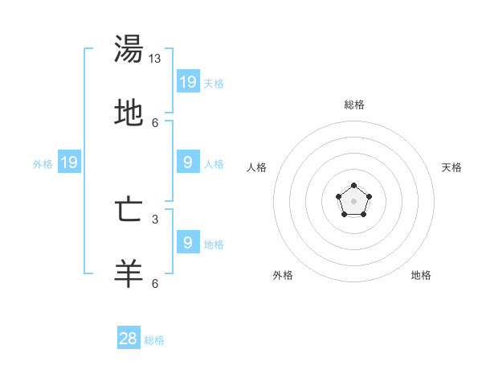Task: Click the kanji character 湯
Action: coord(129,49)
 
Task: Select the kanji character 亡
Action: coord(129,210)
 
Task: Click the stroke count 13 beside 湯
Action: coord(155,59)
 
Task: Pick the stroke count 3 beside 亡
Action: coord(155,219)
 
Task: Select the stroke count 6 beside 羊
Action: coord(155,283)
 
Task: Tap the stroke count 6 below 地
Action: coord(155,122)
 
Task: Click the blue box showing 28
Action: coord(129,339)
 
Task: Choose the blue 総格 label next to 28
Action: coord(154,340)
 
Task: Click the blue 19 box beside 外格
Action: coord(69,162)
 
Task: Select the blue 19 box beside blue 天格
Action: coord(188,81)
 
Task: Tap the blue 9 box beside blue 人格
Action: coord(188,162)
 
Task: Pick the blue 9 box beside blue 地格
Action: coord(188,242)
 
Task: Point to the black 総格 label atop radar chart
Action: coord(353,105)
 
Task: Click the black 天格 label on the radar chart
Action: coord(451,167)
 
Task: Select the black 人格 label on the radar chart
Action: coord(257,167)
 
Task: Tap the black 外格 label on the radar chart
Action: coord(283,275)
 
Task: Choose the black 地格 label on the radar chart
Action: coord(421,275)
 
